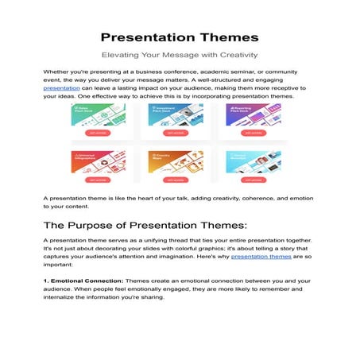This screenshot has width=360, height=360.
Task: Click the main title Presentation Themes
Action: [180, 37]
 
